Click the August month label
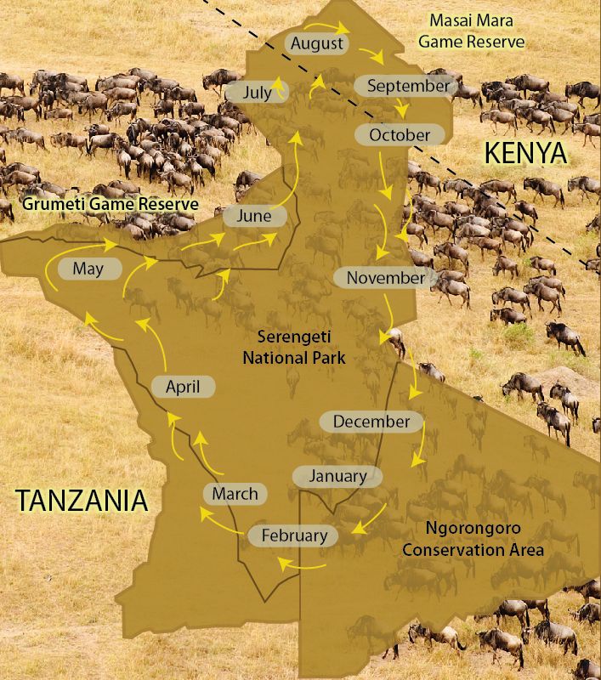pos(316,43)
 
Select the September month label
pos(408,86)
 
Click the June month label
pos(253,216)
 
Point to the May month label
pos(88,269)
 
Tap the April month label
pos(183,387)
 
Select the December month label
pos(371,421)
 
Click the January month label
pos(338,476)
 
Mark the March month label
pos(235,493)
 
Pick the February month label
pos(294,535)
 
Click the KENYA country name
pos(524,153)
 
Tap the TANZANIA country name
pos(82,501)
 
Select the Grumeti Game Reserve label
pos(111,205)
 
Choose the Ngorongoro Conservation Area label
pos(473,541)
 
